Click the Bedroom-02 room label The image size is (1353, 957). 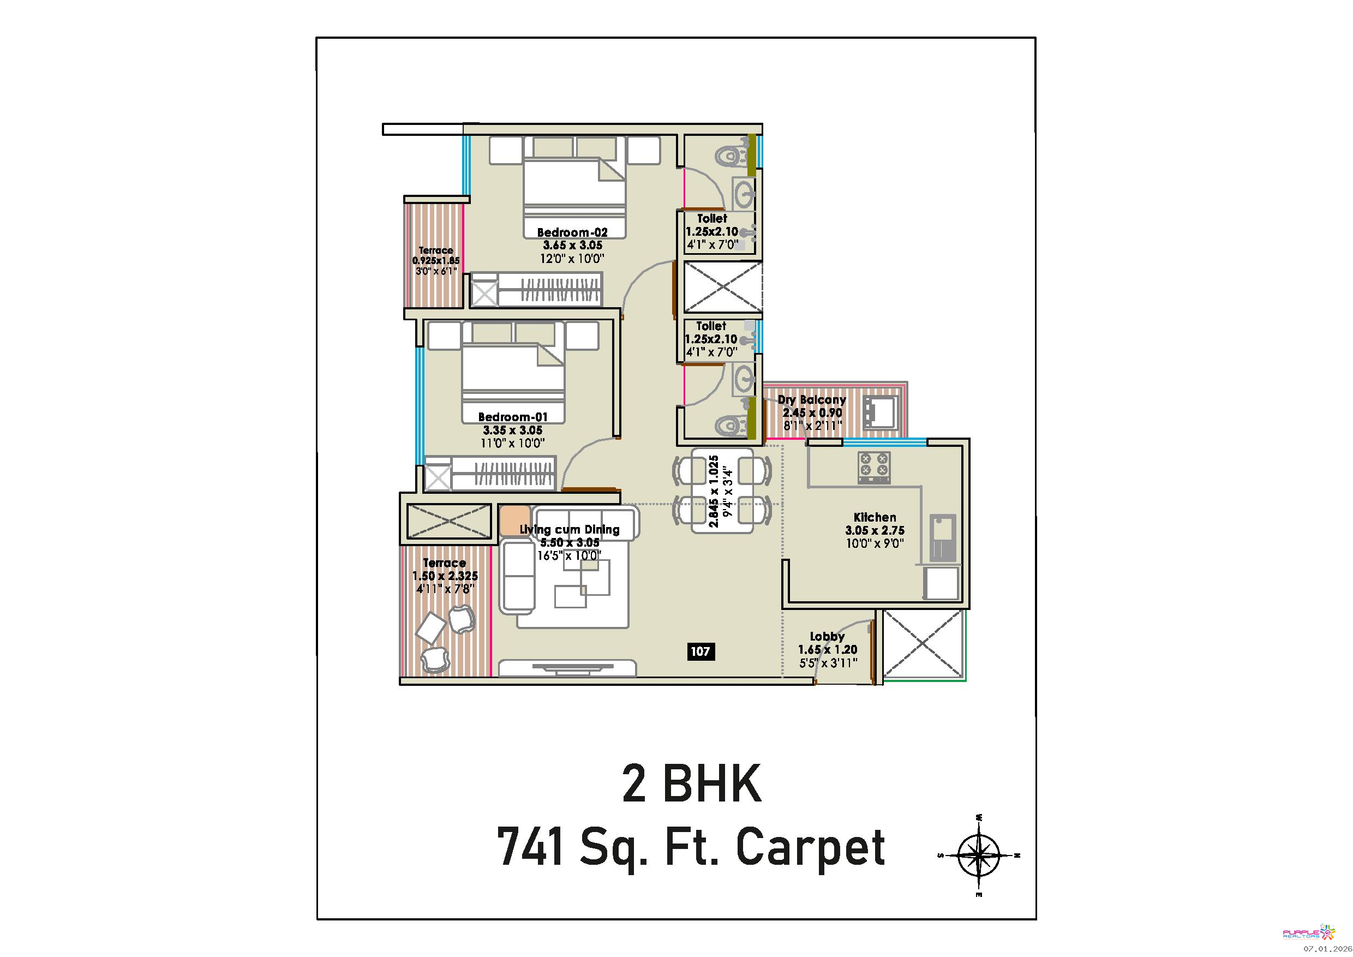(x=572, y=233)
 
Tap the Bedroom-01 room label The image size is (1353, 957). (x=513, y=417)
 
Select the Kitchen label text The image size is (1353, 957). (x=875, y=517)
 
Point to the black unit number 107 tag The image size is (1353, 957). (x=700, y=651)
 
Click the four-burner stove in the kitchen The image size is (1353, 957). (x=874, y=467)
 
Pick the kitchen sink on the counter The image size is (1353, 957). (x=943, y=537)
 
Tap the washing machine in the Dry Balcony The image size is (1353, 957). (x=881, y=412)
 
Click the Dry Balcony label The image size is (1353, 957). (x=811, y=399)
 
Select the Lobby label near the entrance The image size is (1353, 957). (x=828, y=636)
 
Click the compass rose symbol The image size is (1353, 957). (x=978, y=855)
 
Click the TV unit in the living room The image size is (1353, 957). (x=567, y=668)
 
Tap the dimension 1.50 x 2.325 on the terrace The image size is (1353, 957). (x=445, y=576)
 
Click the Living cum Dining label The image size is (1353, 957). (x=569, y=530)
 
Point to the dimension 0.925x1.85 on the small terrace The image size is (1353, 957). (x=436, y=260)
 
